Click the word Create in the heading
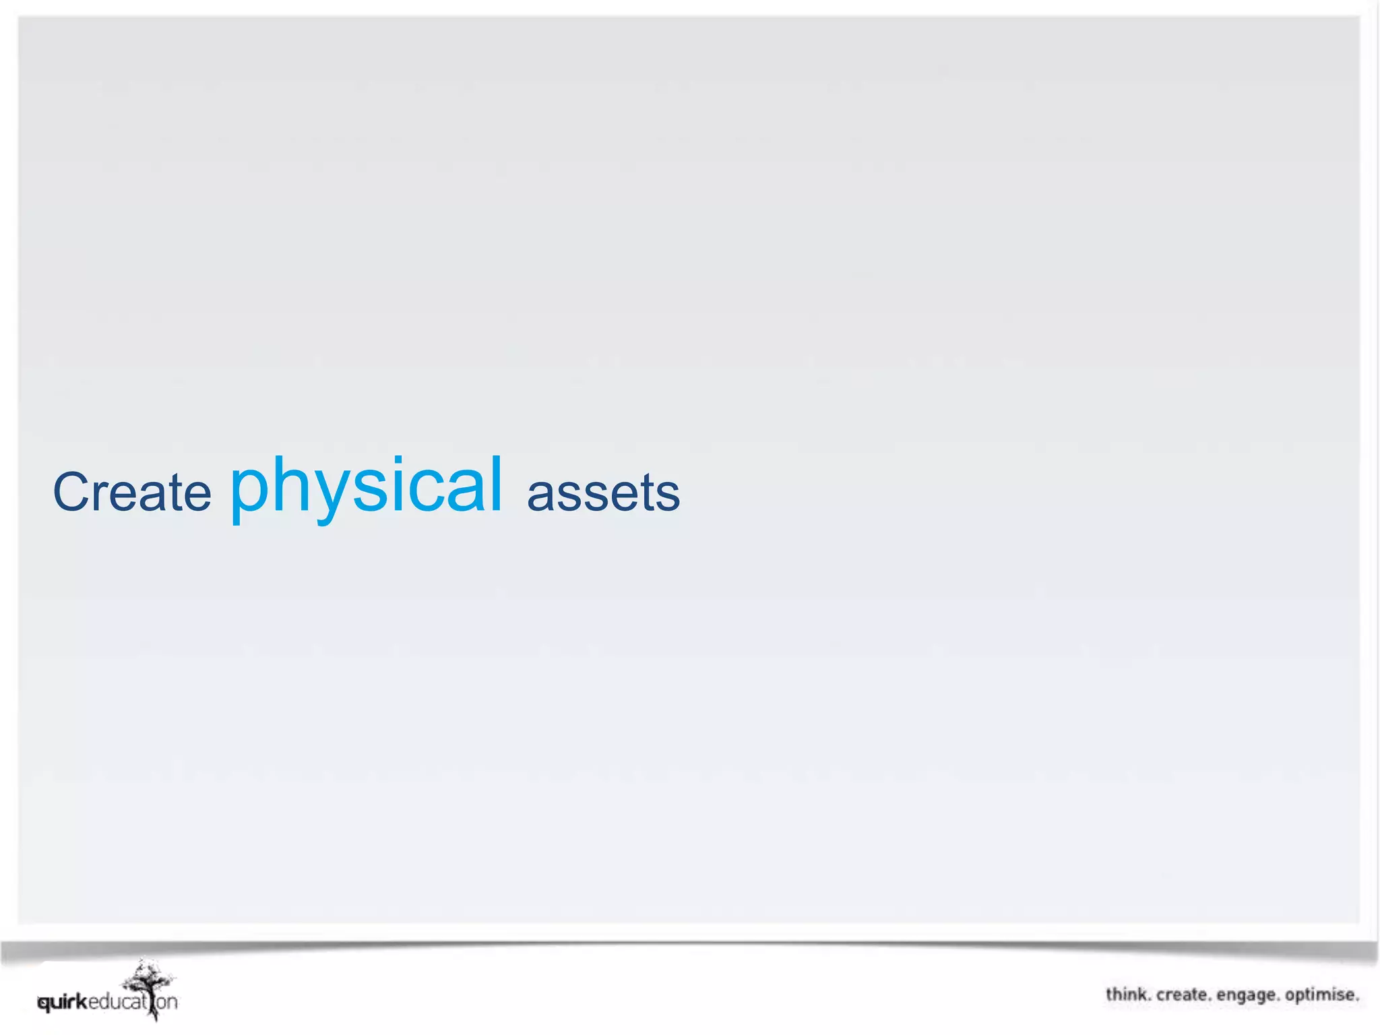coord(132,492)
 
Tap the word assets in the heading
coord(603,493)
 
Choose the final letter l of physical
coord(497,482)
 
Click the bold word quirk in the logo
coord(63,1003)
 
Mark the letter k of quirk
coord(82,1001)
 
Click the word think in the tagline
coord(1127,995)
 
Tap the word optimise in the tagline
coord(1321,995)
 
